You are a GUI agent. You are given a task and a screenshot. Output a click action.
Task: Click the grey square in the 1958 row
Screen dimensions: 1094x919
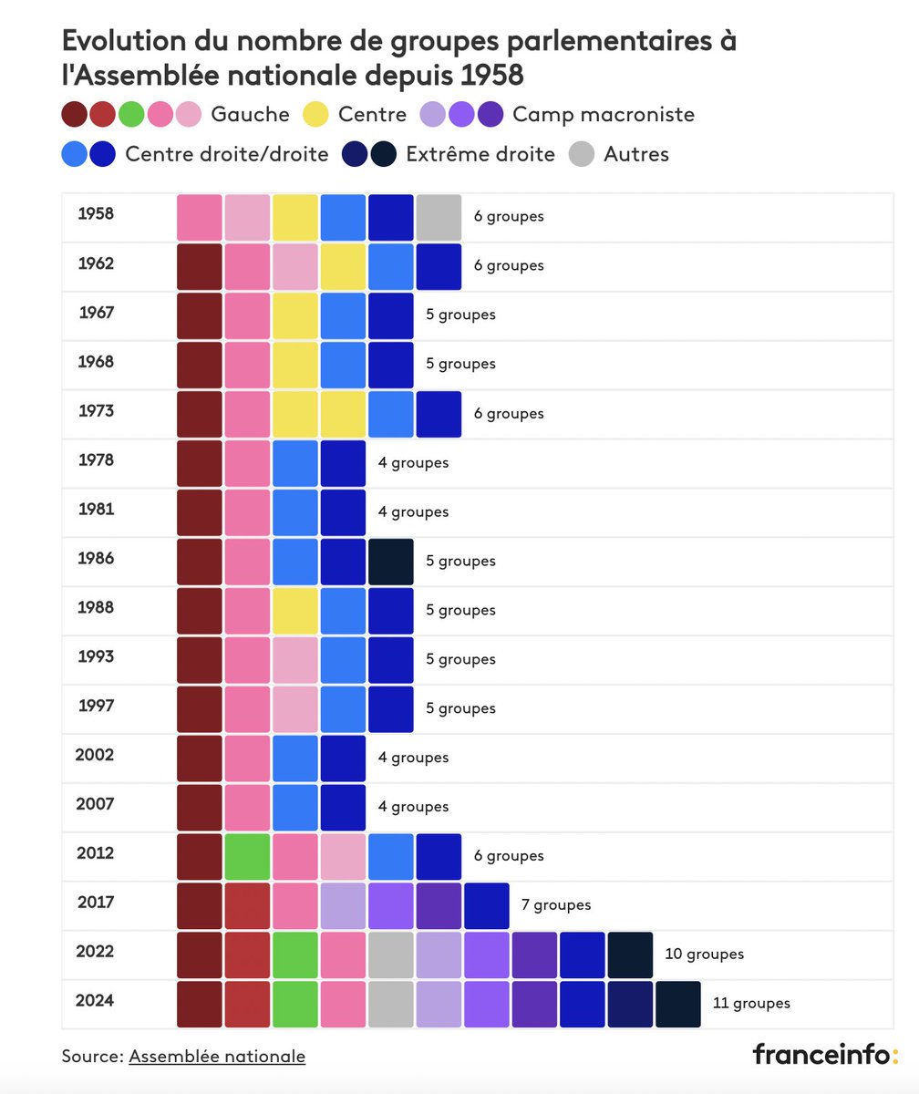pyautogui.click(x=439, y=217)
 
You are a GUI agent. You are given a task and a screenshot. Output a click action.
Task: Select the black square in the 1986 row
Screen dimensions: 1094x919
pyautogui.click(x=391, y=562)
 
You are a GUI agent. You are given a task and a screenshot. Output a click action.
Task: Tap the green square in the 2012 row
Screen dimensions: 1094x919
pyautogui.click(x=247, y=856)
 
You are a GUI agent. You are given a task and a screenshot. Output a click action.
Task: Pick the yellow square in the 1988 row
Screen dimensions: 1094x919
pyautogui.click(x=295, y=611)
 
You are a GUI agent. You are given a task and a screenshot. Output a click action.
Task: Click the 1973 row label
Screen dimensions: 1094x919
pyautogui.click(x=97, y=411)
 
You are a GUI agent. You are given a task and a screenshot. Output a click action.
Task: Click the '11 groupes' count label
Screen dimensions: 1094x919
pyautogui.click(x=751, y=1003)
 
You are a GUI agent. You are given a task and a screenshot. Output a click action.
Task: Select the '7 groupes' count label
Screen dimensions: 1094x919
pyautogui.click(x=555, y=904)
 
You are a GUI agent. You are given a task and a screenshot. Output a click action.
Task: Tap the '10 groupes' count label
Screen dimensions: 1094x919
pyautogui.click(x=704, y=954)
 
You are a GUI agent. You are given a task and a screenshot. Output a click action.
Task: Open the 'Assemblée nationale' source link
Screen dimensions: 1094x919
pyautogui.click(x=217, y=1056)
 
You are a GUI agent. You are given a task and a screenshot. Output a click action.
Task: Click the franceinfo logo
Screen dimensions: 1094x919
pyautogui.click(x=824, y=1054)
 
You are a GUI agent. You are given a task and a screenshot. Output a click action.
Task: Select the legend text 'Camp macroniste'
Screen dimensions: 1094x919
pyautogui.click(x=604, y=115)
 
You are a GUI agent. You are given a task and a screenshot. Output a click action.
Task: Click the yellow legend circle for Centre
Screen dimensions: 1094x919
pyautogui.click(x=315, y=115)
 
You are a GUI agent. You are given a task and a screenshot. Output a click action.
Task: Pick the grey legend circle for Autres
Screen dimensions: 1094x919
pyautogui.click(x=581, y=154)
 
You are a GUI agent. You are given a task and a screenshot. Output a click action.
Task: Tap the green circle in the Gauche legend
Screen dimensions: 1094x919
pyautogui.click(x=131, y=115)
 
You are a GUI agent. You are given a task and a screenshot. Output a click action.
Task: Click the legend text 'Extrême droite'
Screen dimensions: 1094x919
pyautogui.click(x=480, y=154)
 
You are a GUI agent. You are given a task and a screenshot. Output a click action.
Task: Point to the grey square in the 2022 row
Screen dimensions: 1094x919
pyautogui.click(x=391, y=955)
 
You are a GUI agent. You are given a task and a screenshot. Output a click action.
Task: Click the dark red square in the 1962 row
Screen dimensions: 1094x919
pyautogui.click(x=200, y=266)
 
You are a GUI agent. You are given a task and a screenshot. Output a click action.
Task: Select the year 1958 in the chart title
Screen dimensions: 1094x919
pyautogui.click(x=492, y=75)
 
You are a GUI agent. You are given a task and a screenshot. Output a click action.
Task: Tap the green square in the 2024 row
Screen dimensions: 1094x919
pyautogui.click(x=295, y=1004)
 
